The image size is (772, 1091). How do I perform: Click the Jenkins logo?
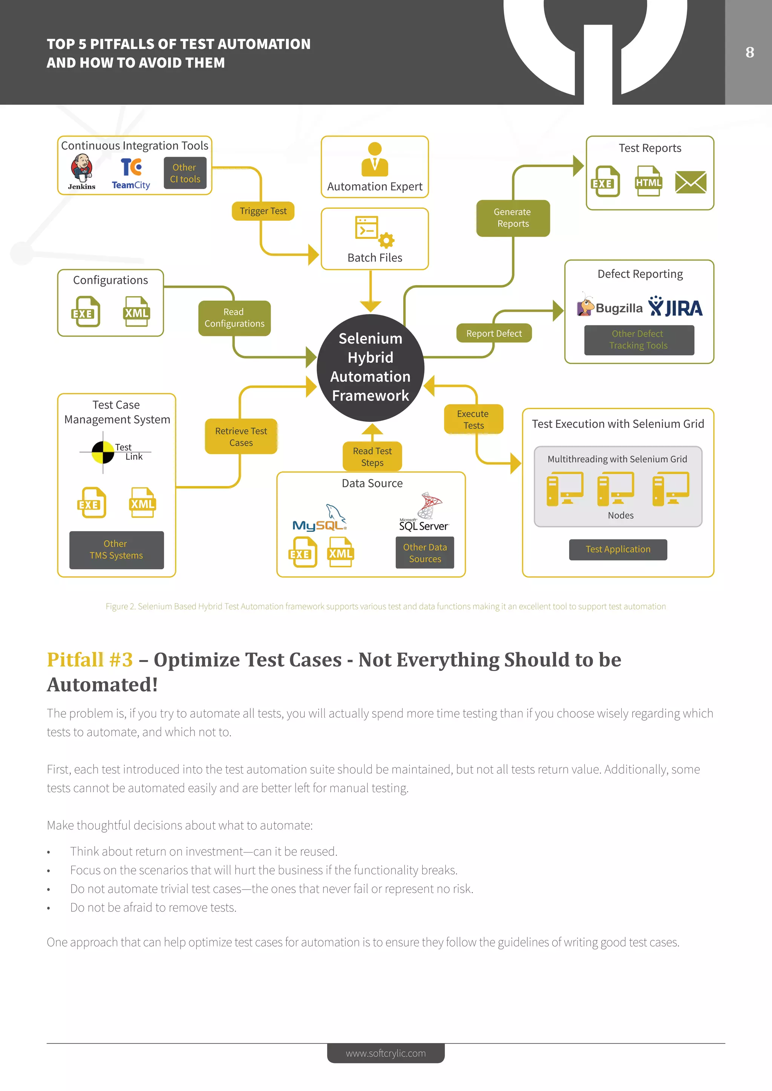click(82, 172)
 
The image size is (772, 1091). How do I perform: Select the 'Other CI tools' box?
click(185, 173)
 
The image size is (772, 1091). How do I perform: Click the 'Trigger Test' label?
click(263, 211)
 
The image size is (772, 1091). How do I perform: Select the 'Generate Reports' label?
click(513, 218)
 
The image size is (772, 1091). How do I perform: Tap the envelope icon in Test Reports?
click(690, 182)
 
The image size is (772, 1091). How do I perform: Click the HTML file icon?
click(648, 181)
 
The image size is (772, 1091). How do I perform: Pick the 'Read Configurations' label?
click(234, 318)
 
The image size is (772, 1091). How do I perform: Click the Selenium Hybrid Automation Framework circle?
click(370, 367)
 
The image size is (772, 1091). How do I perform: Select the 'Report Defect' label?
click(494, 333)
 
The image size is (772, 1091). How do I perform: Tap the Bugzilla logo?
click(610, 307)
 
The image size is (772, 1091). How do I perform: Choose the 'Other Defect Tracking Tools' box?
click(639, 340)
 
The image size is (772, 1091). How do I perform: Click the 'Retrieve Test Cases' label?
click(241, 437)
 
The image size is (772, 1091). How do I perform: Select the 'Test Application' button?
click(617, 549)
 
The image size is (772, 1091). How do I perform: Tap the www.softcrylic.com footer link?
click(386, 1053)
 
